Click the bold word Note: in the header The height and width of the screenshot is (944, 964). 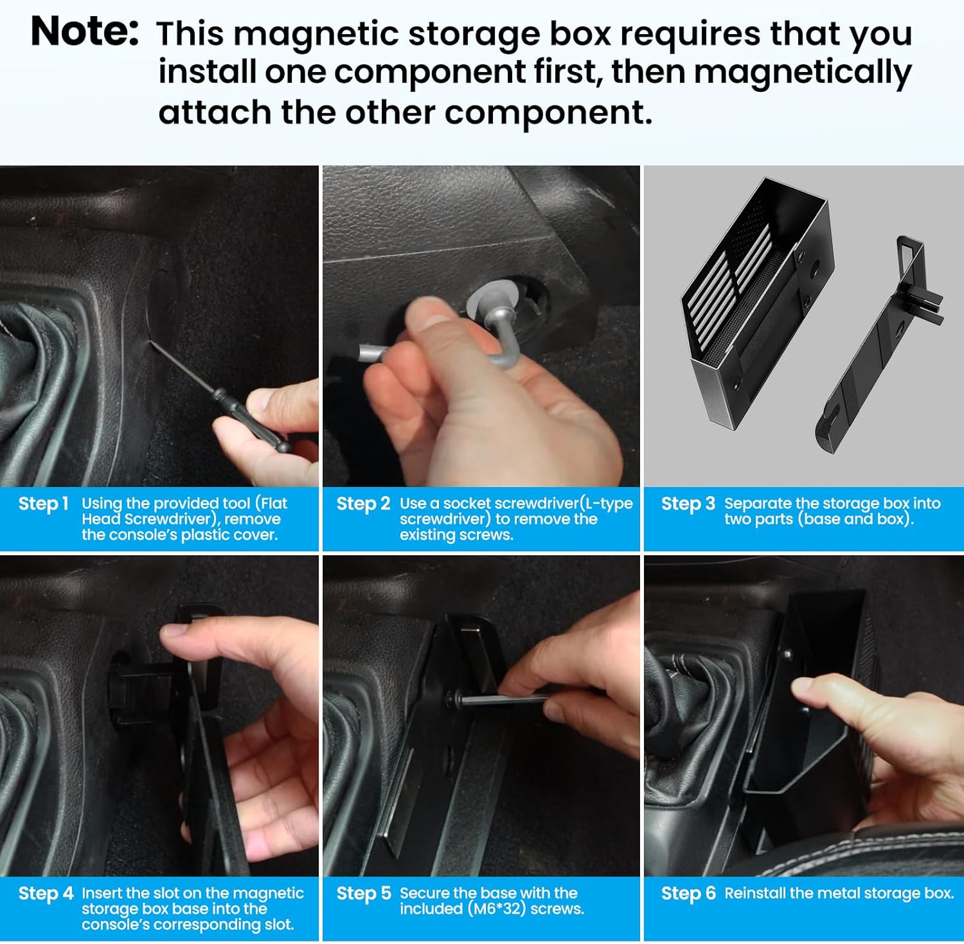tap(84, 31)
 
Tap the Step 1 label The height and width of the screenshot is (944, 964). tap(43, 504)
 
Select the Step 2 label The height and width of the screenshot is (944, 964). tap(363, 504)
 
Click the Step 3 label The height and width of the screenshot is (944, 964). tap(688, 504)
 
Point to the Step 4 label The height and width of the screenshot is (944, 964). tap(46, 893)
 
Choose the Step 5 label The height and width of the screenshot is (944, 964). tap(363, 893)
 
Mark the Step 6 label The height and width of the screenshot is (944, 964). tap(688, 893)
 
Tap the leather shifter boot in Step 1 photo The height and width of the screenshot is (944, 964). tap(39, 386)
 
